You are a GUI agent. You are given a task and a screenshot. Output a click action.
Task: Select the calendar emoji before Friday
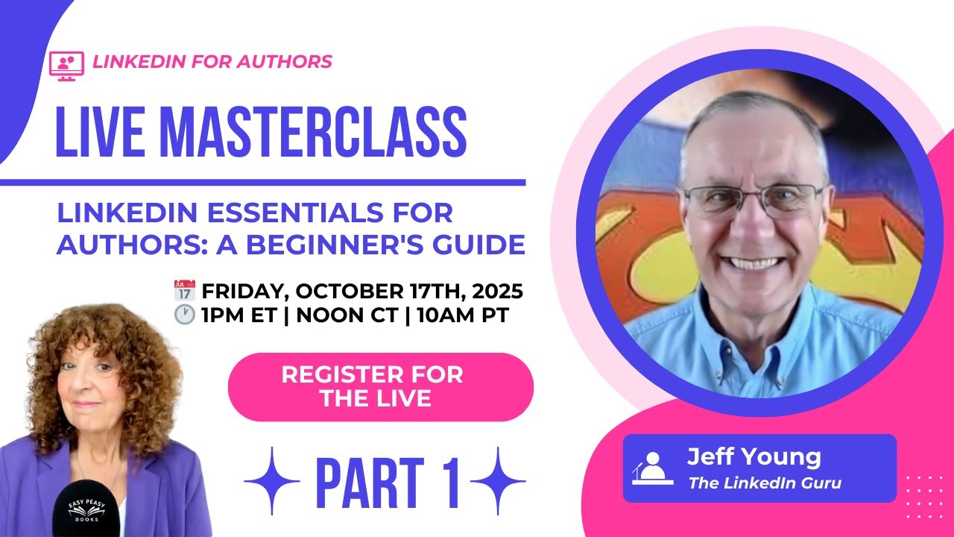(x=183, y=289)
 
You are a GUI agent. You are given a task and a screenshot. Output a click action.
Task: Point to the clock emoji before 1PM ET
(x=183, y=315)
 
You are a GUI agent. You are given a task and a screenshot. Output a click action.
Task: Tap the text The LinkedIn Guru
(x=765, y=483)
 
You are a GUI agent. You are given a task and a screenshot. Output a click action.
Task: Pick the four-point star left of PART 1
(x=272, y=481)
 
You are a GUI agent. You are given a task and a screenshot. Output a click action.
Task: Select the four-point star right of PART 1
(x=498, y=481)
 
